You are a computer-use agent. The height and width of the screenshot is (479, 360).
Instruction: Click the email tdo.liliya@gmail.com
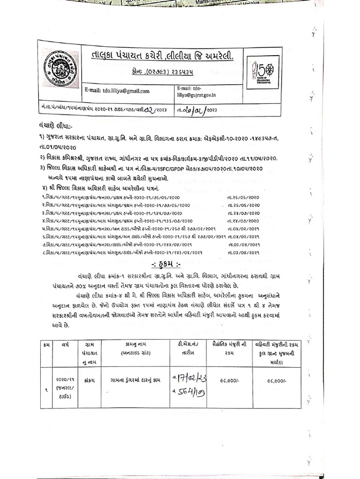click(x=117, y=91)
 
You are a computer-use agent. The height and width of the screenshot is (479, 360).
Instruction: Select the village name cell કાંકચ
click(x=87, y=380)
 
